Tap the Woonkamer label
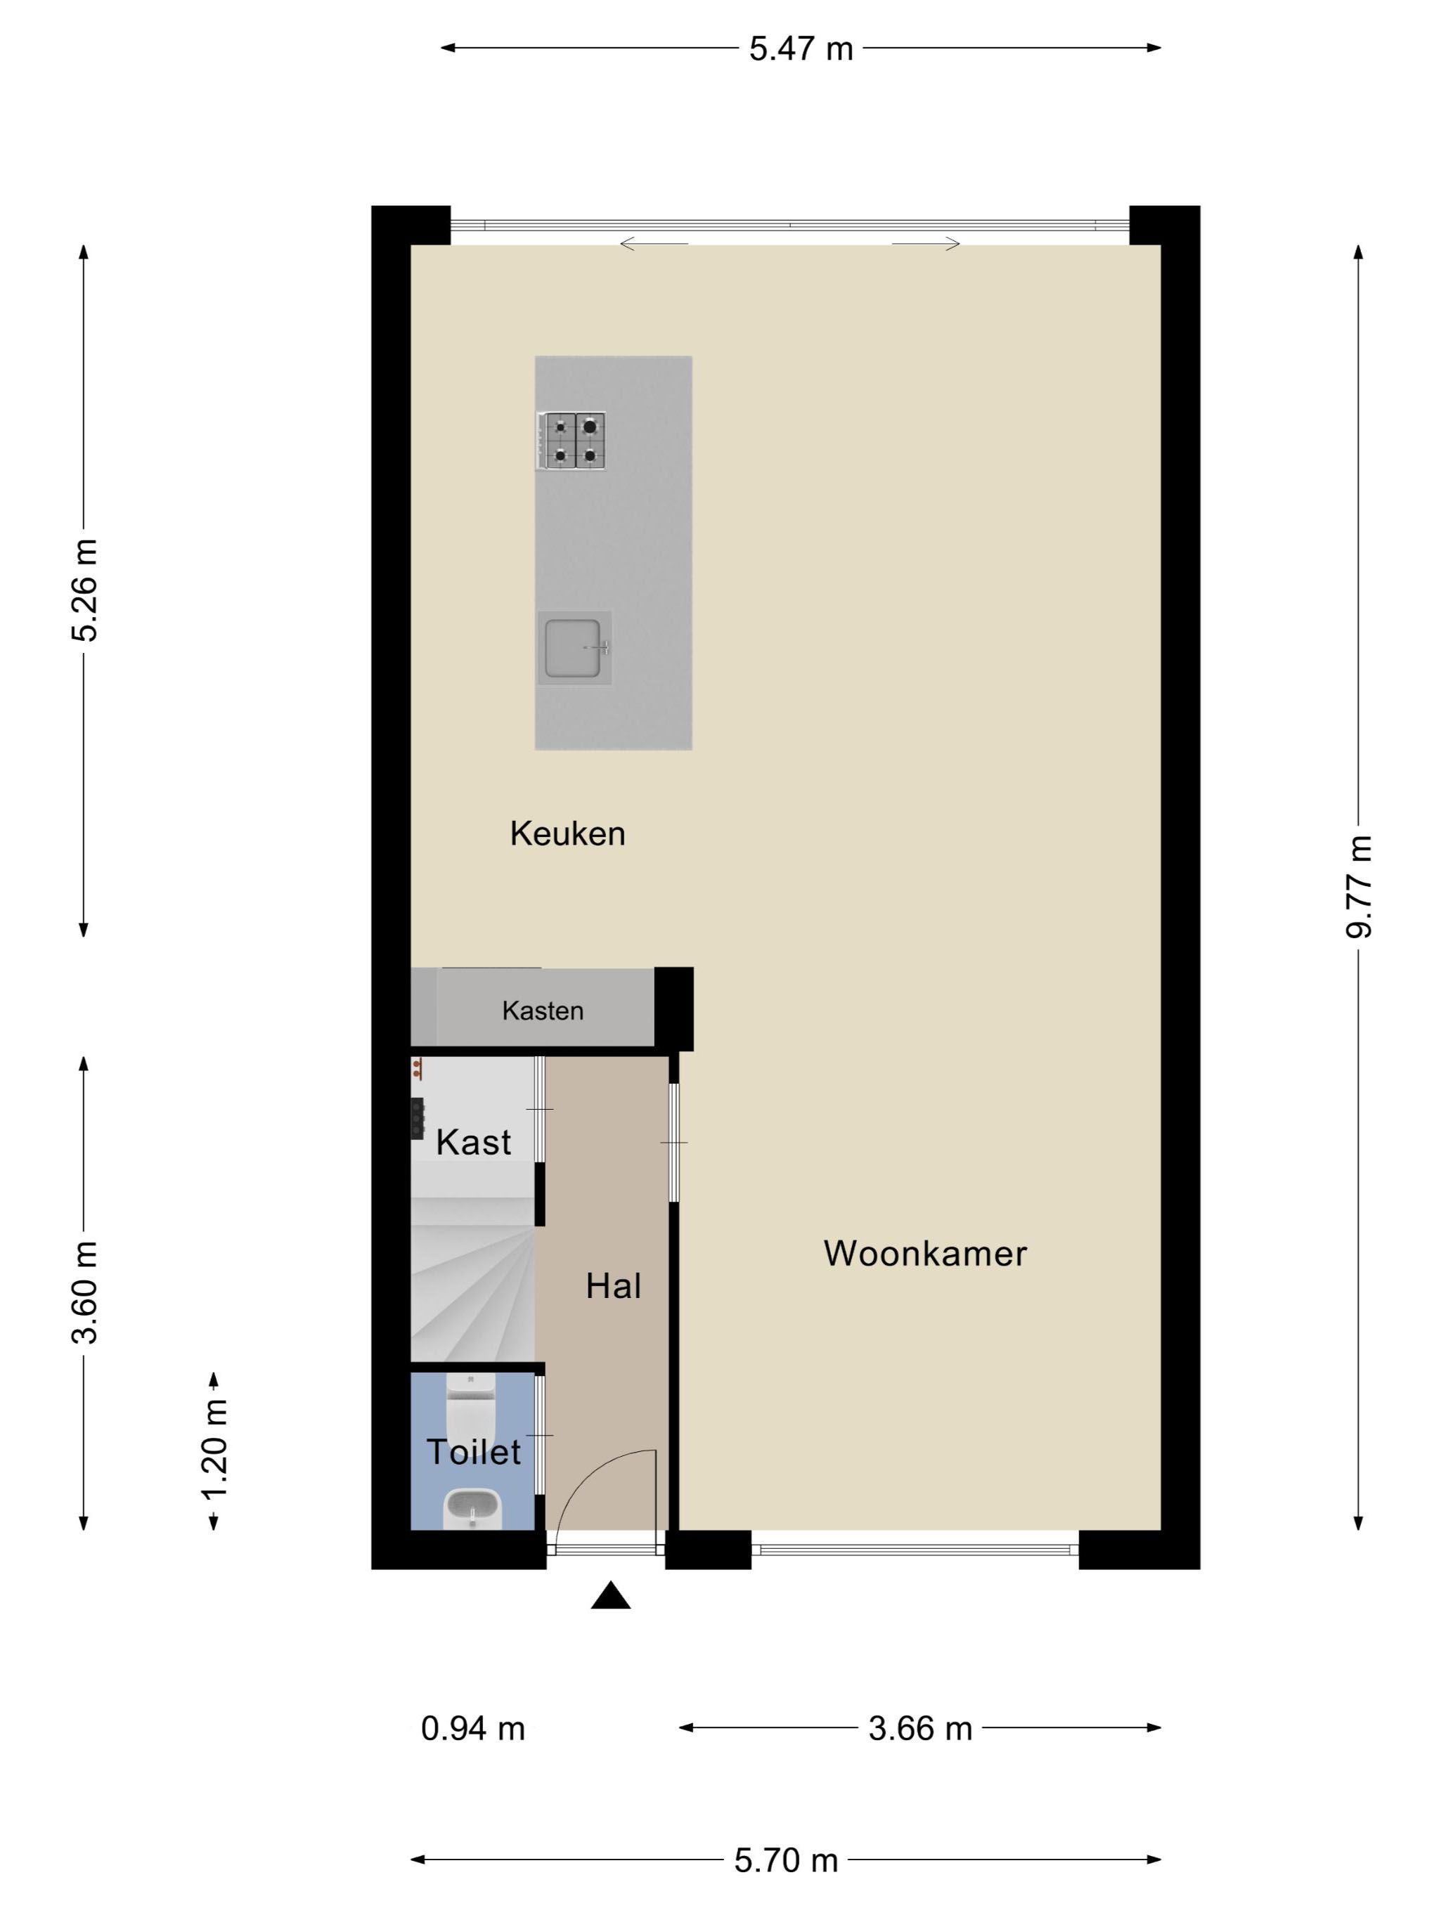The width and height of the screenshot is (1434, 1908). (x=925, y=1253)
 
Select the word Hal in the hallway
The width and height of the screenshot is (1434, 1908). (x=614, y=1286)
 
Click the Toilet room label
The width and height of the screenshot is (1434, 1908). (x=474, y=1452)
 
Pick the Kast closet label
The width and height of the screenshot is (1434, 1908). (x=474, y=1142)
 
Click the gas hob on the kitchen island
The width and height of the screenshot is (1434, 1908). (x=571, y=441)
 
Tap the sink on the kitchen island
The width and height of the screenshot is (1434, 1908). (x=574, y=648)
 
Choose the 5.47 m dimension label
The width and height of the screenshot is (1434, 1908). (x=801, y=48)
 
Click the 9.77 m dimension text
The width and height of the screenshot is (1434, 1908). (x=1359, y=887)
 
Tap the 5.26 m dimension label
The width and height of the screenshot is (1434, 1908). (x=84, y=591)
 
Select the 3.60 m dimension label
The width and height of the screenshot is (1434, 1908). (x=84, y=1293)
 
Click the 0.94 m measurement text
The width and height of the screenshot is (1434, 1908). (x=473, y=1729)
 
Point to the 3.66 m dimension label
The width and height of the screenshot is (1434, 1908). (x=919, y=1729)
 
